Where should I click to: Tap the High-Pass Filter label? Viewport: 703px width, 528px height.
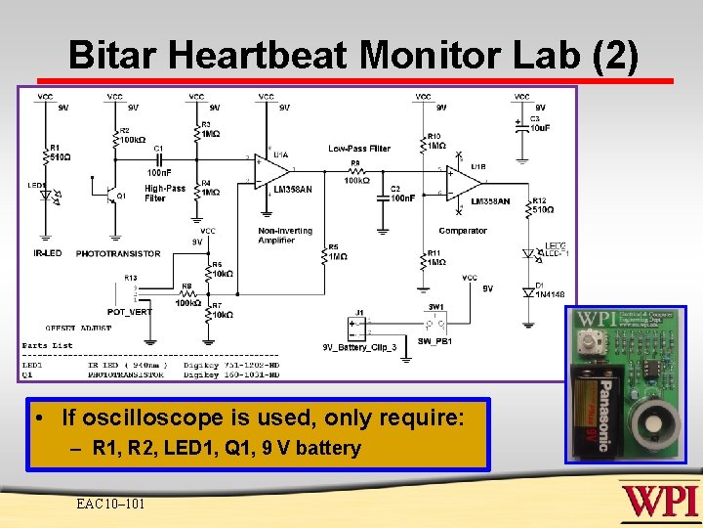coord(164,194)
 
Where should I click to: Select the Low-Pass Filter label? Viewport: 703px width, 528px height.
coord(359,149)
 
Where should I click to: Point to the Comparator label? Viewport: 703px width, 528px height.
coord(462,231)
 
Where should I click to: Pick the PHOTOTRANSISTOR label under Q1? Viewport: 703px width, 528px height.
coord(117,253)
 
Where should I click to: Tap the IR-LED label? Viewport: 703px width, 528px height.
coord(48,253)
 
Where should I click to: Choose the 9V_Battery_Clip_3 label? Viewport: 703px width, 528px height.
coord(359,346)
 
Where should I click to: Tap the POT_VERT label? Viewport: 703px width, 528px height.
coord(129,312)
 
